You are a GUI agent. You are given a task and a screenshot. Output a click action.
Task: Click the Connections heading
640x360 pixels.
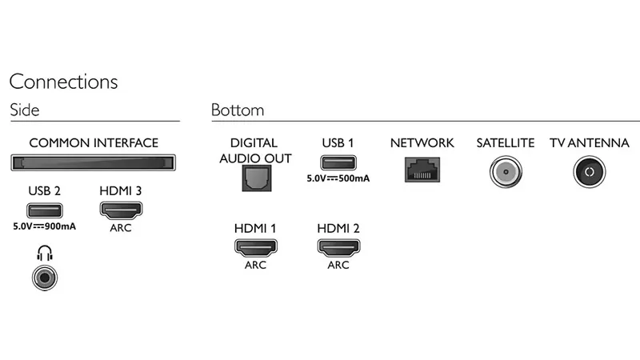(x=63, y=82)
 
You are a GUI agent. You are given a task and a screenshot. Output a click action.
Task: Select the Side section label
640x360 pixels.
(x=24, y=110)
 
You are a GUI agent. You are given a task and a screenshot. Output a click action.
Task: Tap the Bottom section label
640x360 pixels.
(x=238, y=110)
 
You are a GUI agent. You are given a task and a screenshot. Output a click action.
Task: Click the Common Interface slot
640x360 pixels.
(x=94, y=164)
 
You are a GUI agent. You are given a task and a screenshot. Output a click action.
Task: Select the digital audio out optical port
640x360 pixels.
(x=255, y=177)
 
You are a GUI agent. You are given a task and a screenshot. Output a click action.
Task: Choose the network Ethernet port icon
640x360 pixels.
(x=422, y=168)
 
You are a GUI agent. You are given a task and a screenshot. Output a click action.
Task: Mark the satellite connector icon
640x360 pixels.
(x=505, y=171)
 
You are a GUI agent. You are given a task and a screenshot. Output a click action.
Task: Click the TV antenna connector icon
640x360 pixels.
(x=589, y=171)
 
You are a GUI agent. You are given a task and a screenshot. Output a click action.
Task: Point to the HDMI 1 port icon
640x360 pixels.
(x=255, y=248)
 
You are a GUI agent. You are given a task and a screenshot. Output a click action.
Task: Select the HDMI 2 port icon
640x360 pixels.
(x=338, y=248)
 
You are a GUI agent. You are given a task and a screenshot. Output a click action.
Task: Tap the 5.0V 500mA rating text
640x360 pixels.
(x=338, y=178)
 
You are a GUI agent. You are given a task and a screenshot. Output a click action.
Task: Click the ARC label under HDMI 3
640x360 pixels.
(x=121, y=227)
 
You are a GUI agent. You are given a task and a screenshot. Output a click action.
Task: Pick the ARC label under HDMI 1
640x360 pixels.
(x=255, y=265)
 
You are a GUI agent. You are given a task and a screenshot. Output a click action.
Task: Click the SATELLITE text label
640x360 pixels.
(x=505, y=143)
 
